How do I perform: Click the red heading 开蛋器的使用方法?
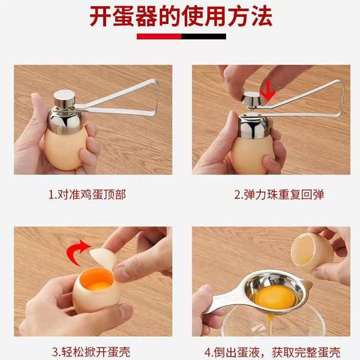point(181,17)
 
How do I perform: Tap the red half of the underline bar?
point(159,36)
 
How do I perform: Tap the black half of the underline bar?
point(204,36)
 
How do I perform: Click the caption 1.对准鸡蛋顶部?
point(87,194)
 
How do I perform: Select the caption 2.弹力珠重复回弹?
point(279,194)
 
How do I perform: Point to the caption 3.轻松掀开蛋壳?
point(91,352)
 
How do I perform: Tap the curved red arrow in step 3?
point(78,252)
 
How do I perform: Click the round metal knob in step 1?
point(64,98)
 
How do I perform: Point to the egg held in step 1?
point(65,149)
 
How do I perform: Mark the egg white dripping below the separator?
point(271,324)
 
